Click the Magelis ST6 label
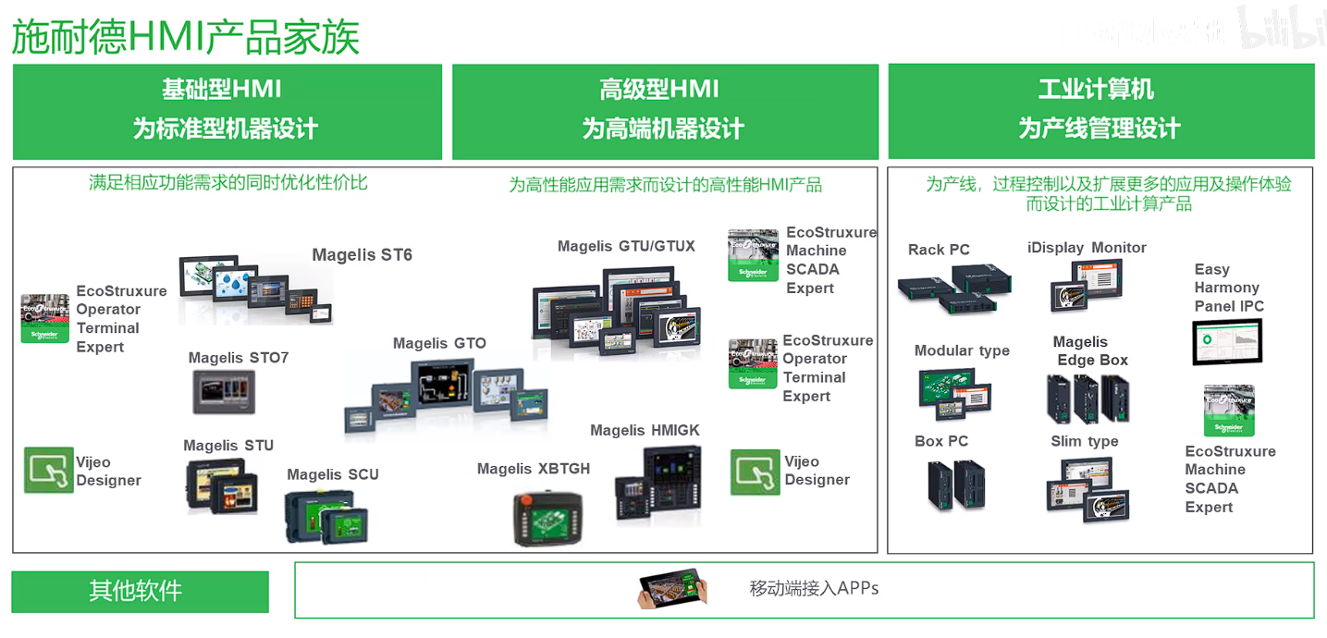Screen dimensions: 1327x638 click(362, 255)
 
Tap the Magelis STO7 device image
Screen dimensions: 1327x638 click(224, 391)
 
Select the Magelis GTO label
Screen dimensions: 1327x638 click(439, 343)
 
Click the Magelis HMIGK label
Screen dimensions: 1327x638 click(645, 430)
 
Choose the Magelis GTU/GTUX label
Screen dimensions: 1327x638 click(626, 246)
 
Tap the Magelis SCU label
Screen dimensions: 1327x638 click(332, 474)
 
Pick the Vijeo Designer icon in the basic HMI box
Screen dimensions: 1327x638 click(48, 470)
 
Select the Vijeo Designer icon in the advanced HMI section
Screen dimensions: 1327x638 click(756, 472)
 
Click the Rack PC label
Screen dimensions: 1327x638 click(939, 250)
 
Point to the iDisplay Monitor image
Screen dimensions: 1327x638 click(1086, 285)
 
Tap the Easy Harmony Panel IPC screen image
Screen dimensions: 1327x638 click(1227, 342)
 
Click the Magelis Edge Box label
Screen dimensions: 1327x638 click(1090, 350)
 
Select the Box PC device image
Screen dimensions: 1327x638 click(957, 485)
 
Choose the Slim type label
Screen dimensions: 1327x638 click(1084, 441)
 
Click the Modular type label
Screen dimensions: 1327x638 click(962, 350)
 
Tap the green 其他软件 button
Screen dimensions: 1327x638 click(140, 591)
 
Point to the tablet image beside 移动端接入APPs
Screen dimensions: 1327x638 click(672, 589)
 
